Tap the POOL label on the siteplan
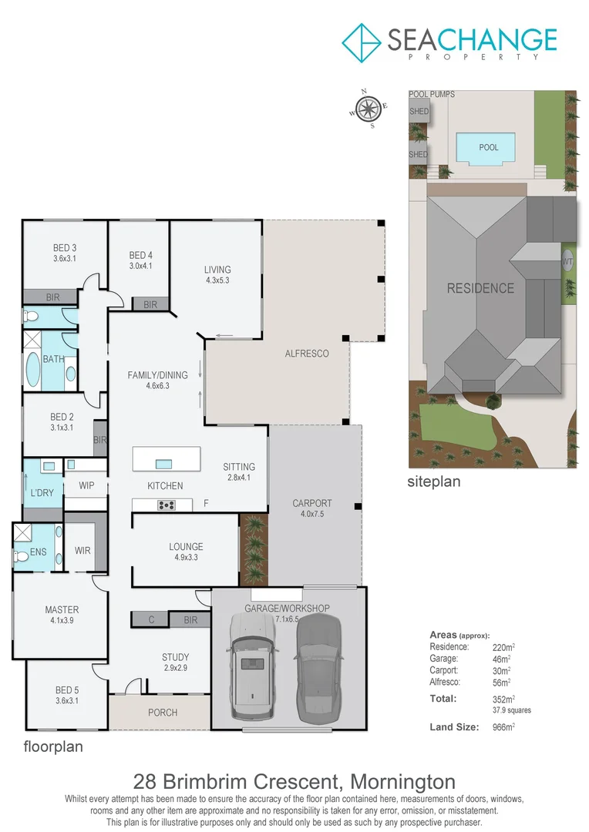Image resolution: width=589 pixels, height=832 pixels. coord(489,147)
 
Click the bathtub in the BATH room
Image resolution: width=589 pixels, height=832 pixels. coord(34,371)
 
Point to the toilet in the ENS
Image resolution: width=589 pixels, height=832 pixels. coord(20,556)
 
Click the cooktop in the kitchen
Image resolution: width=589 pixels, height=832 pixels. coord(167,505)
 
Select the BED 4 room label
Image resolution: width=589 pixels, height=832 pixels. coord(141,256)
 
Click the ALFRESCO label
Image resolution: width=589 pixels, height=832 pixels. coord(307,354)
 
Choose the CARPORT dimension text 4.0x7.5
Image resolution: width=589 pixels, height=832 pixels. coord(312,515)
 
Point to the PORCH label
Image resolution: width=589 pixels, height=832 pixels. coord(163,713)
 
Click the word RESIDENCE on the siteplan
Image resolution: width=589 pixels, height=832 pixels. coord(480,288)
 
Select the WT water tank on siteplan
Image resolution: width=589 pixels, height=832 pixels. coord(568,262)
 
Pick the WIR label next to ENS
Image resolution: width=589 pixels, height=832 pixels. coord(82,551)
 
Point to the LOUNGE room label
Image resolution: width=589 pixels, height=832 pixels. coord(186,547)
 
